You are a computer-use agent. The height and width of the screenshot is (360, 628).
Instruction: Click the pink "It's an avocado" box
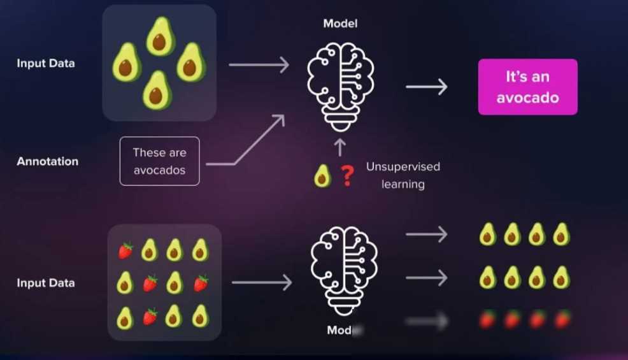point(527,87)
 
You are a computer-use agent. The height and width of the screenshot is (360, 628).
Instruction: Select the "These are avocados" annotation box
point(159,161)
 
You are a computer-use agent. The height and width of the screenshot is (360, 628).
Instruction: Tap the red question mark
point(347,176)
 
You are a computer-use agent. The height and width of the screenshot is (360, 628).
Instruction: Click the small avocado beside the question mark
point(323,176)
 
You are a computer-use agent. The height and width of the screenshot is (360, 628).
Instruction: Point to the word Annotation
point(47,161)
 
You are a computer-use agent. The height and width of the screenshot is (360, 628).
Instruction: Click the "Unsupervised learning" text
point(403,175)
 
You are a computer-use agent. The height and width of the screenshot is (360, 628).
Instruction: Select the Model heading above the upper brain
point(340,24)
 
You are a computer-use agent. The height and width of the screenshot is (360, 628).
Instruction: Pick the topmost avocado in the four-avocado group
point(161,36)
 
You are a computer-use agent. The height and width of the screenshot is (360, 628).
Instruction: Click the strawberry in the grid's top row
point(126,250)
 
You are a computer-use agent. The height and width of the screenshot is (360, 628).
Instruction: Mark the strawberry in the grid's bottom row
point(150,315)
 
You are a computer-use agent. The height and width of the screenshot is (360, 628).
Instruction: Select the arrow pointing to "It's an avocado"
point(426,87)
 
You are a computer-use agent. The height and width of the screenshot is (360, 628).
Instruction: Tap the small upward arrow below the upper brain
point(339,147)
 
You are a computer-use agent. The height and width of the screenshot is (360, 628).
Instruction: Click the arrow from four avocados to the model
point(258,64)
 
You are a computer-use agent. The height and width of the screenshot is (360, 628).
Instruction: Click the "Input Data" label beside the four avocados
point(45,63)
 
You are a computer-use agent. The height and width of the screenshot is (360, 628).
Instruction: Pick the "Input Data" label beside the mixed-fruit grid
point(45,283)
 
